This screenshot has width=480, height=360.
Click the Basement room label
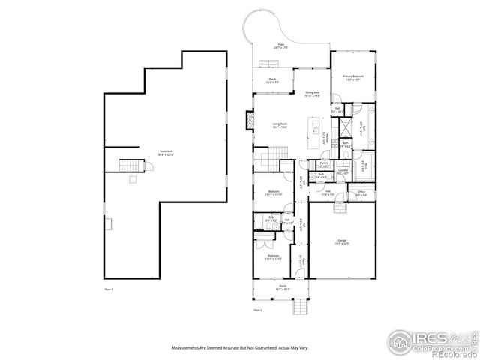[x=166, y=153]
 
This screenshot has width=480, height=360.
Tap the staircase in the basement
[x=132, y=165]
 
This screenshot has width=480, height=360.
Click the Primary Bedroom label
[x=352, y=76]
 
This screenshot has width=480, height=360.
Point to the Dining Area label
[x=313, y=94]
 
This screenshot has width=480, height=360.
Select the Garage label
[x=341, y=241]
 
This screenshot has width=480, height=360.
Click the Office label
[x=361, y=193]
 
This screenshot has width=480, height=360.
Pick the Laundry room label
[x=342, y=172]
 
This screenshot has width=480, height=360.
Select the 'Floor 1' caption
[x=108, y=289]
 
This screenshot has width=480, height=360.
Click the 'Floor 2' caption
[x=257, y=309]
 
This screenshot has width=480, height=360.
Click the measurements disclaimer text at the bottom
[x=240, y=347]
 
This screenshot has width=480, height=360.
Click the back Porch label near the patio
[x=273, y=80]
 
